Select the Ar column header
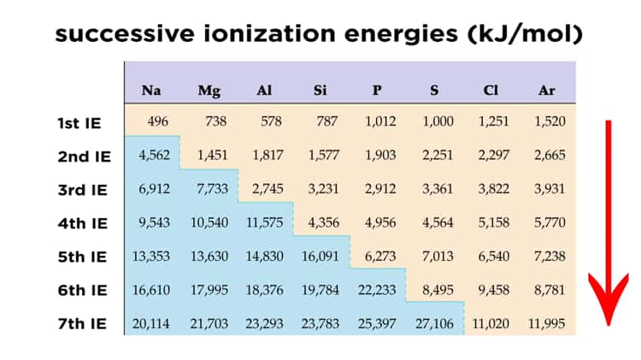(x=548, y=90)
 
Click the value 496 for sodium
(x=158, y=121)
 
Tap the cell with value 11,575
(x=265, y=222)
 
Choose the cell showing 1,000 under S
(x=437, y=121)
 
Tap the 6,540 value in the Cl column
(x=493, y=256)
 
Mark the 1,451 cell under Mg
(x=213, y=156)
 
